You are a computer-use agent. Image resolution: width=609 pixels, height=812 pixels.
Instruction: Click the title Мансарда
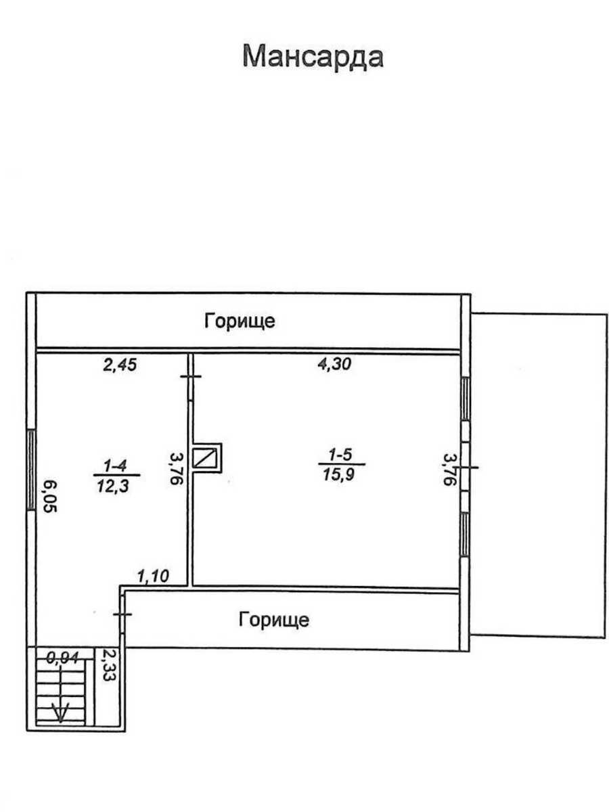click(313, 57)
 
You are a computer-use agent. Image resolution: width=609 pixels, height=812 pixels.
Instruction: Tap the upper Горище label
click(240, 321)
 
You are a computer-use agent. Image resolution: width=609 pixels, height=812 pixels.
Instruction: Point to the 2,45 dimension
click(120, 365)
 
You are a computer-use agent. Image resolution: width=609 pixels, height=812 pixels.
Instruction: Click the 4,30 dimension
click(334, 364)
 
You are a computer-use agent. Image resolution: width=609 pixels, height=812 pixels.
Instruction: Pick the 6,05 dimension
click(50, 496)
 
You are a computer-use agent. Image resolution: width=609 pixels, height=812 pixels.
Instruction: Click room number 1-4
click(115, 466)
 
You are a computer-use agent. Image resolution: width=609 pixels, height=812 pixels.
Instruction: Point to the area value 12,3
click(113, 486)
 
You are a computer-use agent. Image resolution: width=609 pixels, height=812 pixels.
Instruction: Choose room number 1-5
click(340, 455)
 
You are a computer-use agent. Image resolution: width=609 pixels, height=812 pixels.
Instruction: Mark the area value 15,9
click(339, 474)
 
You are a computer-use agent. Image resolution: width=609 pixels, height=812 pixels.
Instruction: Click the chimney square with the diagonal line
click(206, 458)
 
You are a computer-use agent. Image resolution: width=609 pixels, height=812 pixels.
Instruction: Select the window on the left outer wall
click(31, 470)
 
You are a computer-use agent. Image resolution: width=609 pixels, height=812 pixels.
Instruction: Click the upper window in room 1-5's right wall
click(466, 399)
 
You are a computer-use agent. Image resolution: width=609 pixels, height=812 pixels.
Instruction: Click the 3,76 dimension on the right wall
click(450, 470)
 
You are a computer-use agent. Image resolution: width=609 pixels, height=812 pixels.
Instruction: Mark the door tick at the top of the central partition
click(191, 377)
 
